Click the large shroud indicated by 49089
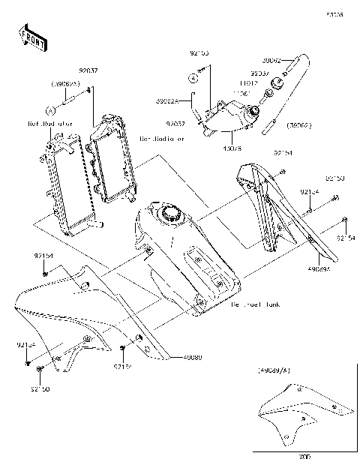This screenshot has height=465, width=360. click(x=75, y=315)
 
